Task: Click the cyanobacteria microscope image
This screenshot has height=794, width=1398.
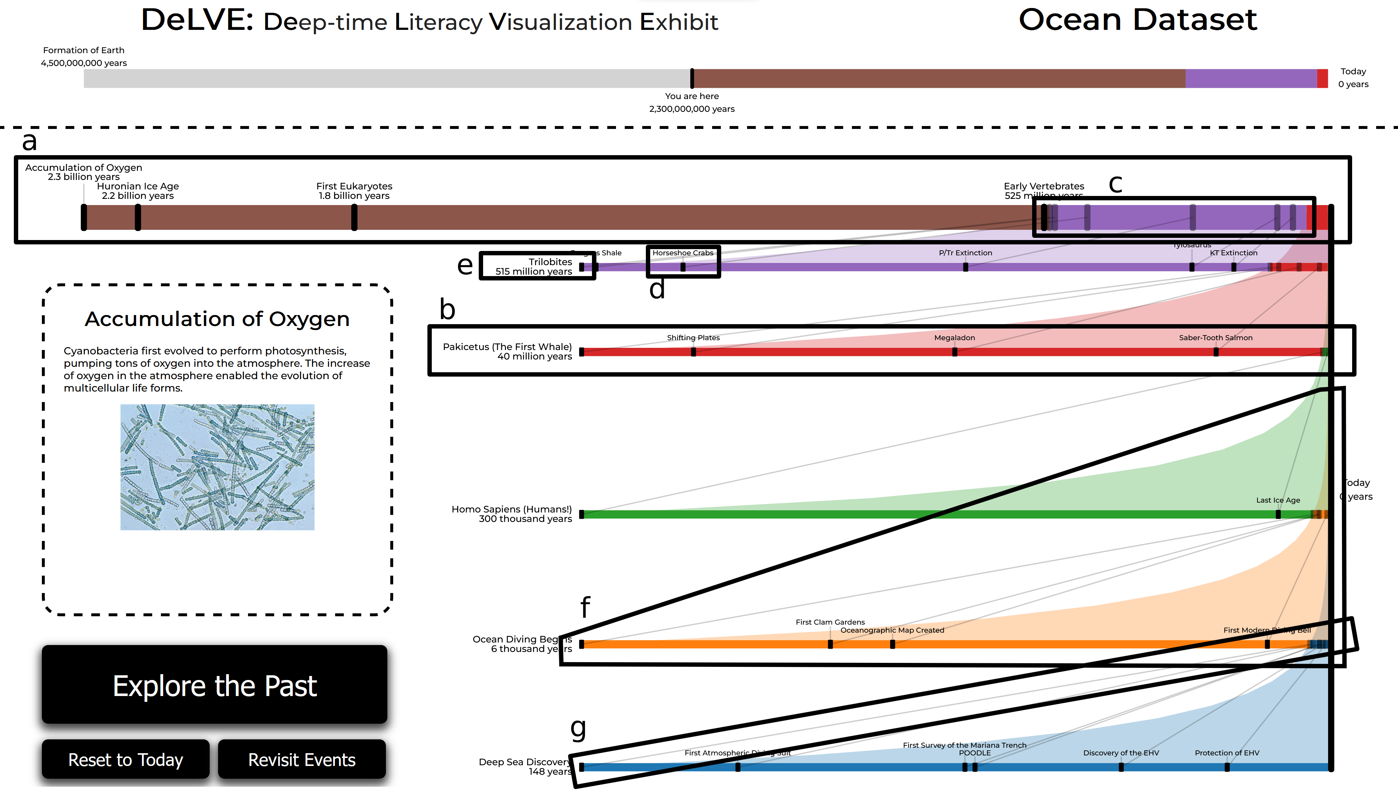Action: [217, 467]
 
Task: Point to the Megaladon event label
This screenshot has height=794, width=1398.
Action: [954, 338]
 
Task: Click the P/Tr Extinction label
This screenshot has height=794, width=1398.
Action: [965, 252]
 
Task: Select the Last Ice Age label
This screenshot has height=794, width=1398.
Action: [1277, 500]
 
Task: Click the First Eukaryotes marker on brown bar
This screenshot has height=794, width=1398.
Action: [354, 217]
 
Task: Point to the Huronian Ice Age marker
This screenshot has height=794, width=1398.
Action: [138, 217]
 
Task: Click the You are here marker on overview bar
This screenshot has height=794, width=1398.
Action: [692, 79]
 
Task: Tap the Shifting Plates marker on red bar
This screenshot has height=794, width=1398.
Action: [693, 352]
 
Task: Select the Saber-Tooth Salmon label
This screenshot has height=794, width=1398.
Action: [1215, 338]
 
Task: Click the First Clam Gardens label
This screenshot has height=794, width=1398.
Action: [830, 622]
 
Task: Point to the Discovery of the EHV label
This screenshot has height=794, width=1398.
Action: [1121, 752]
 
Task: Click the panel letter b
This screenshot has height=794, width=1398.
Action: [447, 309]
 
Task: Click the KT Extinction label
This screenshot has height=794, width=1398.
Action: [1233, 252]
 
